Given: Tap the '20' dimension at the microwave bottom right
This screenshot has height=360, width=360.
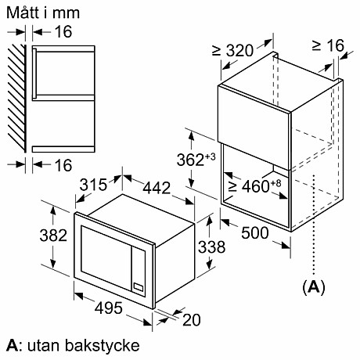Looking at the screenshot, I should tap(190, 319).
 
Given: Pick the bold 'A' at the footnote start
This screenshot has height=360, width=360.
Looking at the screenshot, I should tap(11, 344).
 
